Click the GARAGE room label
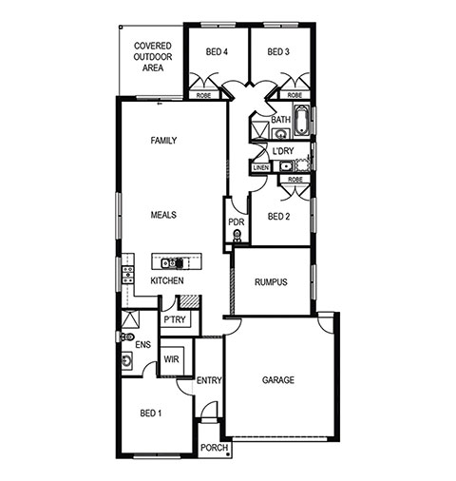(x=278, y=379)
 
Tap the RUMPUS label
(x=271, y=281)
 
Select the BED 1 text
(x=151, y=414)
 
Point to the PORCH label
(x=214, y=448)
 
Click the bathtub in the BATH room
(x=301, y=120)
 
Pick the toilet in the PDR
(x=237, y=236)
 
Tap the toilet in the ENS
(x=127, y=337)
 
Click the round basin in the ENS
(x=126, y=360)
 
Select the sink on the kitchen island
(x=168, y=262)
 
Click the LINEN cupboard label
(x=261, y=167)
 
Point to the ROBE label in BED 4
(x=203, y=95)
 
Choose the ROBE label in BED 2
(x=295, y=180)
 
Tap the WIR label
(x=171, y=359)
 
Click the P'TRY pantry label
(x=175, y=319)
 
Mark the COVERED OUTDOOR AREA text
(x=153, y=57)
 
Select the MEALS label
(x=163, y=215)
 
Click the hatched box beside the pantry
(x=189, y=301)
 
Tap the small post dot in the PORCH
(x=228, y=454)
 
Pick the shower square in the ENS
(x=130, y=319)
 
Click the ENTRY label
(x=209, y=380)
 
